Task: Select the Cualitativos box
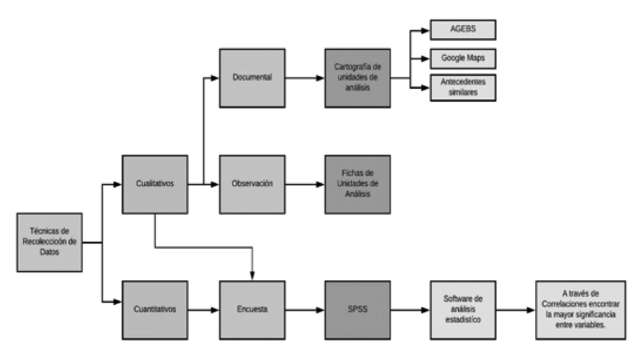154,183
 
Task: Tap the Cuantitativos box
154,310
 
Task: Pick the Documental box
252,77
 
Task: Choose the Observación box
252,183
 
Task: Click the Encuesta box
252,310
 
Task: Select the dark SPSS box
357,310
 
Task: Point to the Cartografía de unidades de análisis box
357,77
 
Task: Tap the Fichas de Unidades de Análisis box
357,183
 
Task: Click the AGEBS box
463,30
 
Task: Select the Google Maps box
463,58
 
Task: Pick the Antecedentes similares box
463,88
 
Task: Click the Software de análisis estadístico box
462,310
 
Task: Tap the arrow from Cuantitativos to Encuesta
203,310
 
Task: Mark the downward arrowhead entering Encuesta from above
252,276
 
